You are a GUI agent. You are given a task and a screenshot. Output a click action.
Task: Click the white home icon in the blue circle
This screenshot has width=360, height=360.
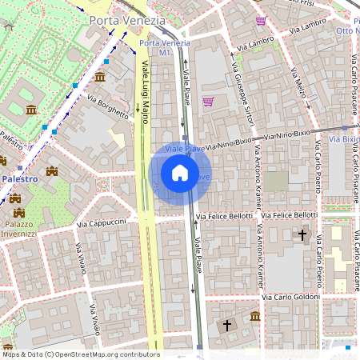(x=180, y=173)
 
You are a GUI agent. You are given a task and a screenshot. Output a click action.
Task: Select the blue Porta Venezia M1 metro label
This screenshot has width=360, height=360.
(x=165, y=47)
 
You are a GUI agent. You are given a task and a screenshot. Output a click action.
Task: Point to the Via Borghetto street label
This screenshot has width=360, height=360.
(x=107, y=107)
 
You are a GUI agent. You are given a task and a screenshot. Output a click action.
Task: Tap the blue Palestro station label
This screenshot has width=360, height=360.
(x=18, y=179)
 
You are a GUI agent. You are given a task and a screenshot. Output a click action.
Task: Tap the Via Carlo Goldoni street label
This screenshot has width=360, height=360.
(x=291, y=296)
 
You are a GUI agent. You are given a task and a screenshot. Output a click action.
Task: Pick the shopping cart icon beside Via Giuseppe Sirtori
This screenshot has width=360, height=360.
(x=209, y=102)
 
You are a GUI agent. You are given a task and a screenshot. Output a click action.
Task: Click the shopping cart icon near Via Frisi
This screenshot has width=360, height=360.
(x=261, y=21)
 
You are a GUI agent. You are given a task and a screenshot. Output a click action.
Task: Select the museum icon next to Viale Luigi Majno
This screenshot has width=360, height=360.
(x=100, y=77)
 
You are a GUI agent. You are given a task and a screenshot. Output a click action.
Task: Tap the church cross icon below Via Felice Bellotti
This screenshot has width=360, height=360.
(x=302, y=234)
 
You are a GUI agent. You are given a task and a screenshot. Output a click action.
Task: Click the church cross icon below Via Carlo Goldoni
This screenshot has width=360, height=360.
(x=227, y=326)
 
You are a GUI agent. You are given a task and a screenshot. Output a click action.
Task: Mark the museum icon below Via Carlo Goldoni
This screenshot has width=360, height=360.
(x=254, y=317)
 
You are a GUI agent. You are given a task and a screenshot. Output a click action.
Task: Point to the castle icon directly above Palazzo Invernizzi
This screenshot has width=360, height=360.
(x=18, y=212)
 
